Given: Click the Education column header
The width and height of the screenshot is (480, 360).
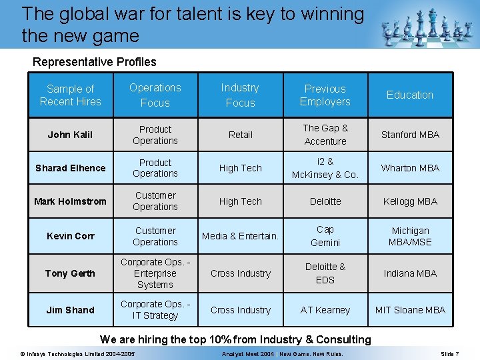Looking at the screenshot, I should tap(409, 95).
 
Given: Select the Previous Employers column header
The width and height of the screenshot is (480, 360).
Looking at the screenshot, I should tap(325, 95).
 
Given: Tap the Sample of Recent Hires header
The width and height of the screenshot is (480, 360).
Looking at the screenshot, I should tap(70, 95).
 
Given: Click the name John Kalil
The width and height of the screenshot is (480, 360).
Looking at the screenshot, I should tap(70, 135).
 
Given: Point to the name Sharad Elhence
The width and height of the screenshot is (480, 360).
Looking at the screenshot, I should tap(70, 168).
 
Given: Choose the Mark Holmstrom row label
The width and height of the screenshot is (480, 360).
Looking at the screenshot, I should tap(70, 201).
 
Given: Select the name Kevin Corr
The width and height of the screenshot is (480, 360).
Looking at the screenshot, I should tap(70, 236).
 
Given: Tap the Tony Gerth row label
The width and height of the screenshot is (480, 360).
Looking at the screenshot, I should tap(70, 273).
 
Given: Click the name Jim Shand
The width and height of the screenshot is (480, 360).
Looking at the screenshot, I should tap(70, 310).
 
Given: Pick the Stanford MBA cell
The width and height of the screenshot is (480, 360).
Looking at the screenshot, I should tap(410, 135).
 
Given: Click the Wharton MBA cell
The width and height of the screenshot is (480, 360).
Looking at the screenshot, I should tap(410, 168).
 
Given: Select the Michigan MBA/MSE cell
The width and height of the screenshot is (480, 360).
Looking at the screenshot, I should tap(410, 236).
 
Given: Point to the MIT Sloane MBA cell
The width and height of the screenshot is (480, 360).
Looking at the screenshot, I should tap(410, 310).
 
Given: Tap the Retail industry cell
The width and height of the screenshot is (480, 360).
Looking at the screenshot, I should tap(241, 135).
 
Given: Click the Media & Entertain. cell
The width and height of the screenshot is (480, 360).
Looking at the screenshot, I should tap(241, 236).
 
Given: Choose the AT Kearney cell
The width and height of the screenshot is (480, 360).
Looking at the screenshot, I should tap(325, 310).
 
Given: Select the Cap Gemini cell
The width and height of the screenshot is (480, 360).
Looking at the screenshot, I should tap(325, 236).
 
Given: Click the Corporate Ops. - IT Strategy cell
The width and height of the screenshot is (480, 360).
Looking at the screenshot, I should tap(155, 310).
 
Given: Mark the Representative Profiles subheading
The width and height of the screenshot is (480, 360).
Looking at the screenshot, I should tap(95, 62).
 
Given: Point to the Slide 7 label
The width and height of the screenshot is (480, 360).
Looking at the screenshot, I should tap(449, 353).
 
